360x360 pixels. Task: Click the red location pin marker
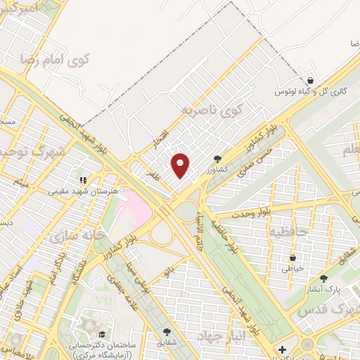[x=181, y=165]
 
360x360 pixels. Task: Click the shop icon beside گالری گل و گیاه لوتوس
[x=310, y=81]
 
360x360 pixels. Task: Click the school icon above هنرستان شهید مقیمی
[x=82, y=179]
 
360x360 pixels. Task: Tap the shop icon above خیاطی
[x=291, y=258]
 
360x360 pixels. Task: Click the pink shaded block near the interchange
[x=136, y=206]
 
